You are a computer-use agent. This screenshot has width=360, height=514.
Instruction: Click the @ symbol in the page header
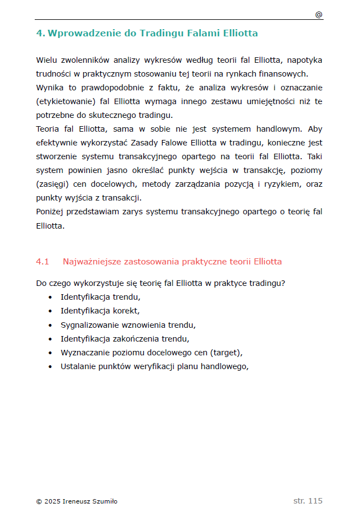pyautogui.click(x=319, y=15)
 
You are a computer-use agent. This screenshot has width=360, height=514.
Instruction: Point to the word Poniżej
pyautogui.click(x=51, y=212)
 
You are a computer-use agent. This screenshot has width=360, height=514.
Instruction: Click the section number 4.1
pyautogui.click(x=42, y=262)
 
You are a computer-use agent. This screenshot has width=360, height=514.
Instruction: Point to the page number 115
pyautogui.click(x=315, y=501)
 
